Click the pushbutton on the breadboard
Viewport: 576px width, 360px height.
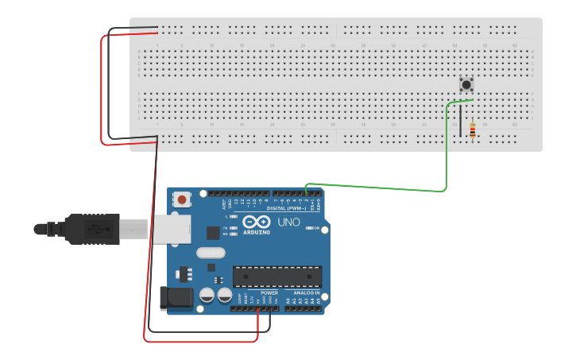[x=466, y=84]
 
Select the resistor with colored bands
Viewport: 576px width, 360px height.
[x=474, y=130]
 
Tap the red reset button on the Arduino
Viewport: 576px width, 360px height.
[x=183, y=199]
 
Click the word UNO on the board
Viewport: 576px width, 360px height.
[x=289, y=223]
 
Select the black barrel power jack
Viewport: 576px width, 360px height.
[x=177, y=298]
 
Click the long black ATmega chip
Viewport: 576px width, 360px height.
[x=277, y=277]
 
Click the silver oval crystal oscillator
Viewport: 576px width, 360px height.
[x=211, y=254]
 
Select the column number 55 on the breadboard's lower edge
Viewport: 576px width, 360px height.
[x=485, y=125]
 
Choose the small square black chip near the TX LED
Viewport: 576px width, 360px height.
[x=213, y=233]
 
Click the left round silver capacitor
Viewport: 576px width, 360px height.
[x=206, y=294]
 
